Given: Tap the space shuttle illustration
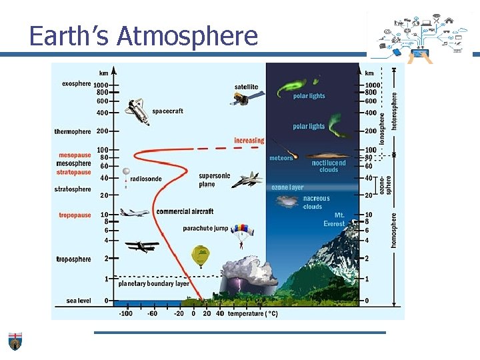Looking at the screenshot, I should (x=138, y=111).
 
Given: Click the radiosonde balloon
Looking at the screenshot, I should (x=125, y=174).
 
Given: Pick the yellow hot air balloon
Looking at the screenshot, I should (x=200, y=255).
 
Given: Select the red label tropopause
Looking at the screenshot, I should (x=75, y=215).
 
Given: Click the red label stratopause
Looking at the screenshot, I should (x=74, y=172).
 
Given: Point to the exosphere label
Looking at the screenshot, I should (x=76, y=84).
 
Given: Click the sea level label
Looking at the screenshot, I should (x=79, y=301).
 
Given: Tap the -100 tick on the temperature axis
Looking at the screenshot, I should (x=125, y=313).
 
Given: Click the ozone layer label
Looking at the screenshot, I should (x=287, y=187).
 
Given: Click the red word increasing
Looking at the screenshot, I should (x=249, y=141).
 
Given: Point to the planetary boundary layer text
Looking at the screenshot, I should (x=154, y=283).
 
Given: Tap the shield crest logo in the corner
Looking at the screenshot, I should (x=15, y=341).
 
